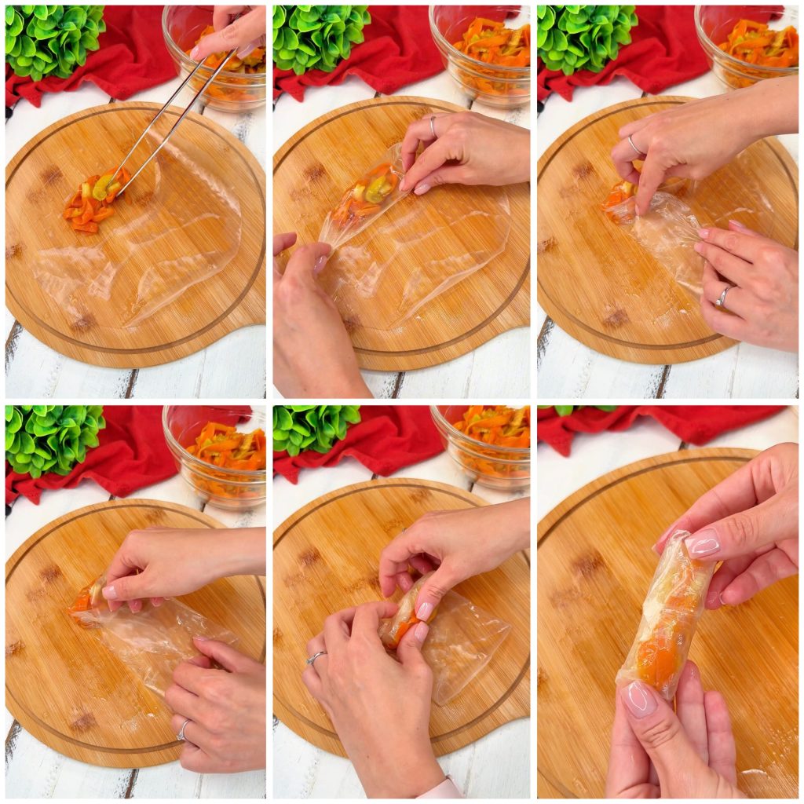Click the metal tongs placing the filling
tap(169, 126)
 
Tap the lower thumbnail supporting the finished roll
tap(639, 698)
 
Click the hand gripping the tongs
tap(232, 31)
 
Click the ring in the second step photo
tap(432, 125)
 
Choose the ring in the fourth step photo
tap(183, 729)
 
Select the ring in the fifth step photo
tap(316, 657)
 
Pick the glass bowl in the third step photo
tap(746, 47)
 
